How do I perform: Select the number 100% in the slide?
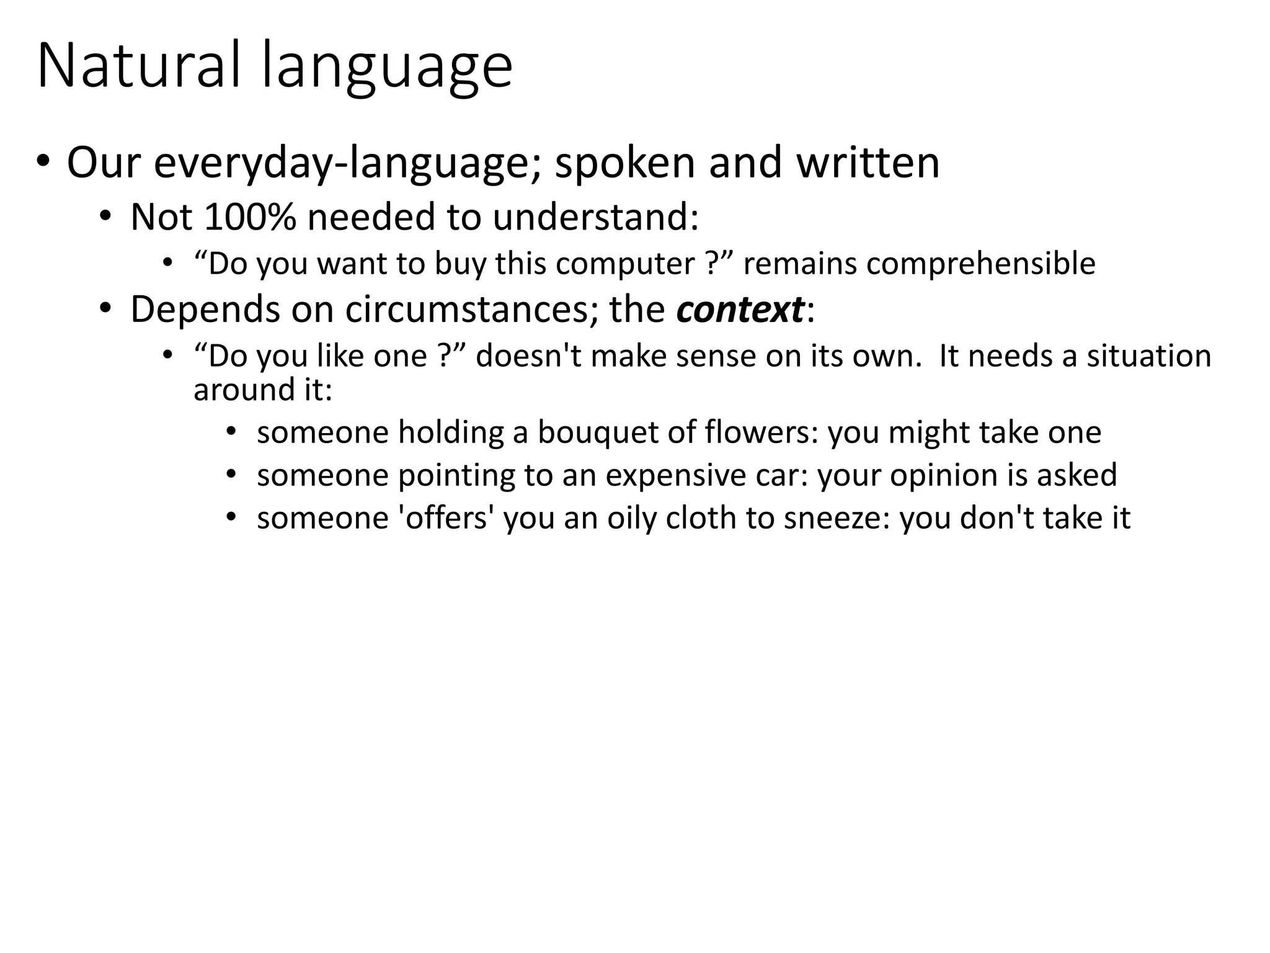point(250,217)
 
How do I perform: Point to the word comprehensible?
point(980,264)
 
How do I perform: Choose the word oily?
point(631,519)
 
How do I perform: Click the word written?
point(868,163)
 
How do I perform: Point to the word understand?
point(595,217)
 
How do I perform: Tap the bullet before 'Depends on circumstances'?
point(105,308)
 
